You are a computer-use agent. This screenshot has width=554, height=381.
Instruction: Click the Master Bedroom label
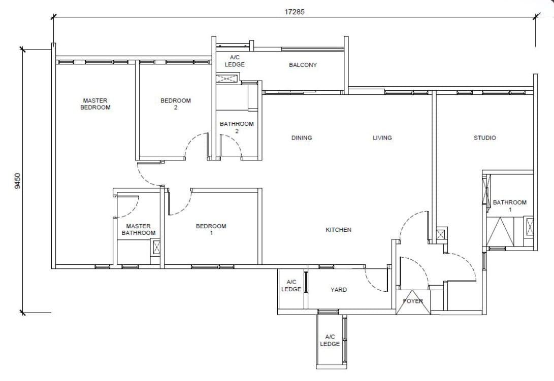tap(95, 104)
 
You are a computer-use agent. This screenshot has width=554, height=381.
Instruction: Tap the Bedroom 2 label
tap(176, 104)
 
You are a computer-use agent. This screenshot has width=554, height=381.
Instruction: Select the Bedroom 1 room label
tap(211, 229)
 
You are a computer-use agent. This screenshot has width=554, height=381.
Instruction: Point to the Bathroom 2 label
tap(237, 127)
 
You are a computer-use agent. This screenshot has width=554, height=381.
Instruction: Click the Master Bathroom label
tap(139, 229)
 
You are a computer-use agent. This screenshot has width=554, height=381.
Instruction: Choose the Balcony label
tap(303, 65)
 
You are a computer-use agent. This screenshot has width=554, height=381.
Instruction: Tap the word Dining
tap(302, 137)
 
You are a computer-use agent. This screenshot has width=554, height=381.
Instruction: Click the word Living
tap(382, 137)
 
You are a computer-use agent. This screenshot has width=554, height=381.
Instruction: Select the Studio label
tap(485, 137)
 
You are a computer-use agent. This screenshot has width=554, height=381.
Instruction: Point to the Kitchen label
tap(339, 230)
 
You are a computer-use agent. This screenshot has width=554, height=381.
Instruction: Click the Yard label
tap(339, 290)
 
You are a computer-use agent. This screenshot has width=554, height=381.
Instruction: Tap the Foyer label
tap(413, 301)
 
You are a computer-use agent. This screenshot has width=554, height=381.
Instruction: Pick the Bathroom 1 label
tap(510, 206)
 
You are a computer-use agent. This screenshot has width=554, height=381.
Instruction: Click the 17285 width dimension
tap(295, 12)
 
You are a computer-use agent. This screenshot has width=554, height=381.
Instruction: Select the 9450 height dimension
tap(18, 181)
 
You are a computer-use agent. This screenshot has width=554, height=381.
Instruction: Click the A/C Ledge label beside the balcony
tap(235, 61)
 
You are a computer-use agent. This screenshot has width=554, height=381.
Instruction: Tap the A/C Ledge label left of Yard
tap(291, 286)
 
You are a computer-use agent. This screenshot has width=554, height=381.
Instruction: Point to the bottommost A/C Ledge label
tap(330, 340)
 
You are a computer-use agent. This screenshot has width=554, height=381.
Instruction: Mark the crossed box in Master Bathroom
tap(156, 247)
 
